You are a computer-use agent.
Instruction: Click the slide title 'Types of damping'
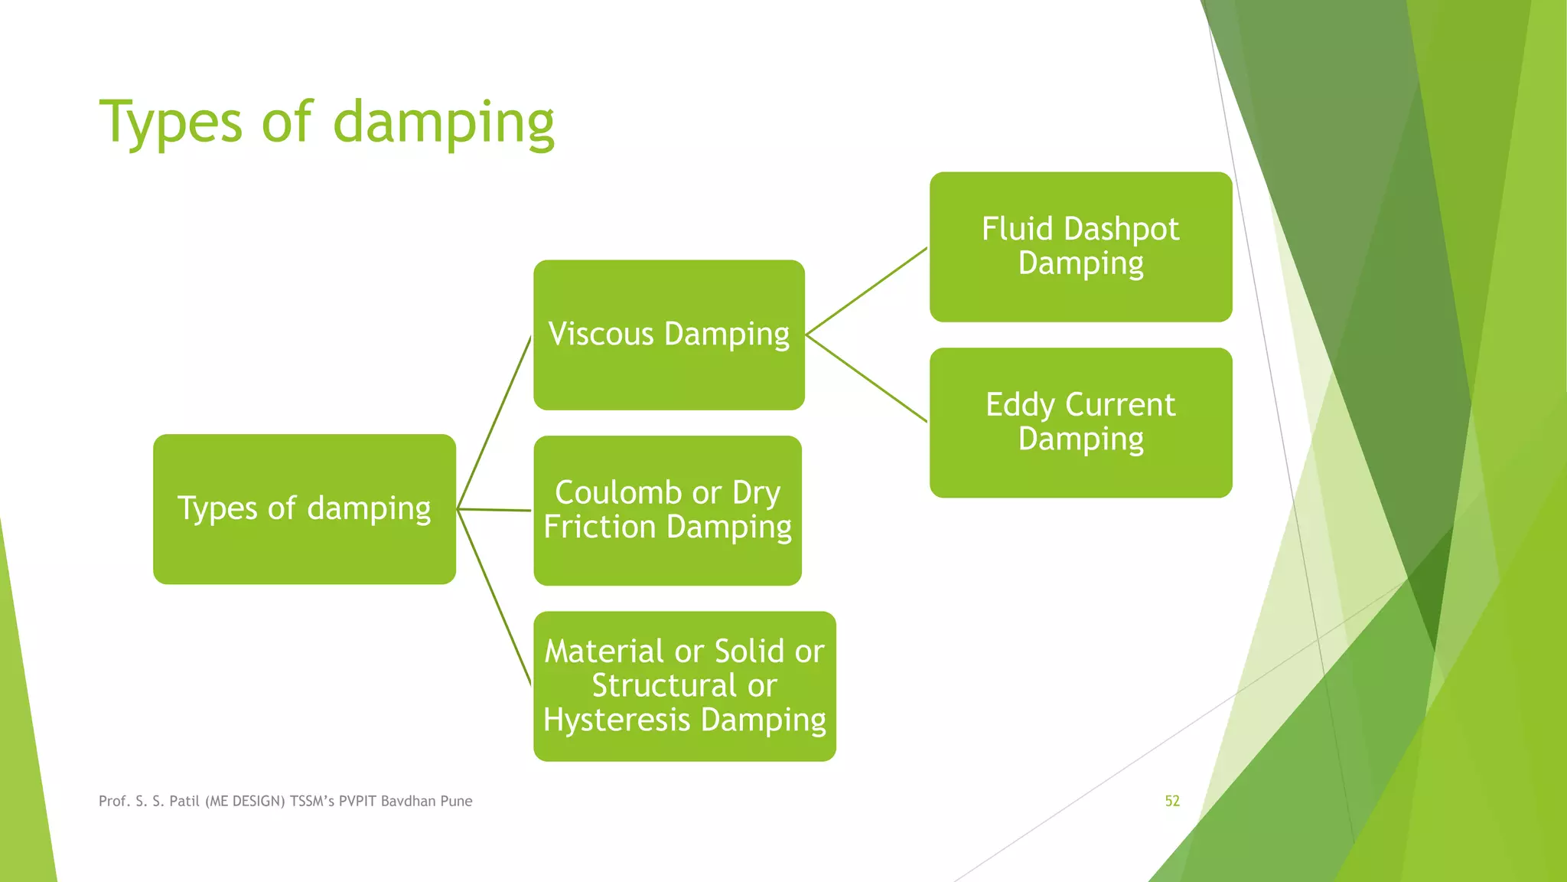click(x=327, y=122)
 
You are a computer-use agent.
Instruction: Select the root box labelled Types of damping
click(x=304, y=509)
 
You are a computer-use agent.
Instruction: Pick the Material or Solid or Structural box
click(x=684, y=686)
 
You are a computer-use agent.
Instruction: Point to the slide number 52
click(x=1172, y=801)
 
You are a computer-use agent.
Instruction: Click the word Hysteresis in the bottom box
click(x=617, y=720)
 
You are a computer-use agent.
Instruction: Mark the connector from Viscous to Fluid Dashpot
click(x=866, y=291)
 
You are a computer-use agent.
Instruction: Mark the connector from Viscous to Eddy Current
click(x=866, y=378)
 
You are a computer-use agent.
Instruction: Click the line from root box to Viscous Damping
click(x=494, y=422)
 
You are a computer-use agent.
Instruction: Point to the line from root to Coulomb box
click(x=494, y=509)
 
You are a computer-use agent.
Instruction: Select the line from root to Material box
click(x=494, y=597)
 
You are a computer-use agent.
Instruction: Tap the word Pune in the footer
click(x=457, y=801)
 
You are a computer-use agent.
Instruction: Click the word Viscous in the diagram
click(x=601, y=335)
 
